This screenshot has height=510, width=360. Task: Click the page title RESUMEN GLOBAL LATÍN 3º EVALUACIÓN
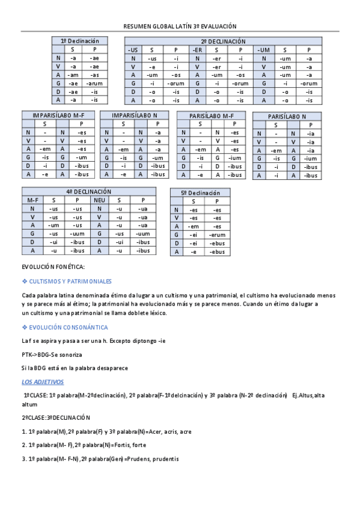pyautogui.click(x=180, y=26)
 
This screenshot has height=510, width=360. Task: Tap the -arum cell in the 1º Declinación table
pyautogui.click(x=94, y=83)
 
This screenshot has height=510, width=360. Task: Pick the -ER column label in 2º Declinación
pyautogui.click(x=197, y=49)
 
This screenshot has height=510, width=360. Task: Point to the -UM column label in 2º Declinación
pyautogui.click(x=264, y=49)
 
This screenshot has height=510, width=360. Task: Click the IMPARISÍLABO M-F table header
pyautogui.click(x=58, y=115)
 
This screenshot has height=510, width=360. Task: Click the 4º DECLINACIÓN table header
pyautogui.click(x=88, y=191)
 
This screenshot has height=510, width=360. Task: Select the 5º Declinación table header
pyautogui.click(x=200, y=192)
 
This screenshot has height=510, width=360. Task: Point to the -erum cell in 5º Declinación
pyautogui.click(x=216, y=235)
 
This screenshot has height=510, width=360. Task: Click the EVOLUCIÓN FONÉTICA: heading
pyautogui.click(x=53, y=266)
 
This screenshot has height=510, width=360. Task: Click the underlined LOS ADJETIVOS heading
pyautogui.click(x=43, y=382)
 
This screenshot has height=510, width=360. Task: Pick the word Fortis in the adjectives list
pyautogui.click(x=121, y=444)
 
